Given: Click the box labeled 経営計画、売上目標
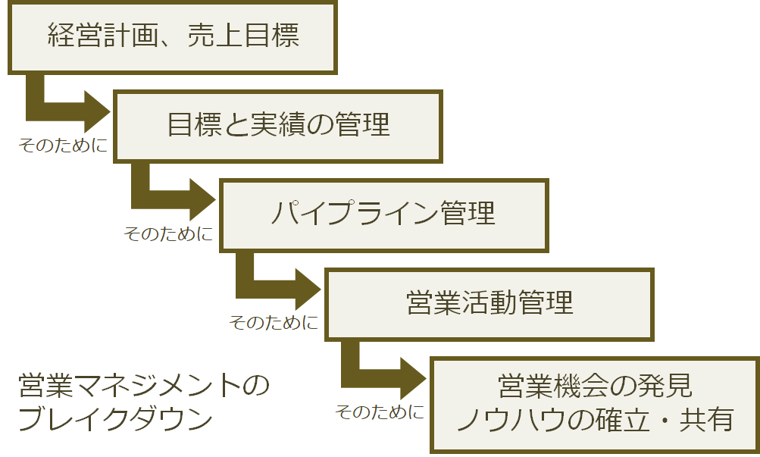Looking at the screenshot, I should click(x=173, y=37).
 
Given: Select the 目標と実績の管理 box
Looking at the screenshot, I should click(x=278, y=126).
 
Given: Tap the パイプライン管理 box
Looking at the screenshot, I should click(x=383, y=214).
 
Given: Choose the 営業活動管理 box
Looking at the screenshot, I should click(x=489, y=303).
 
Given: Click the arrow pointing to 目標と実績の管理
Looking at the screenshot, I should click(x=68, y=111).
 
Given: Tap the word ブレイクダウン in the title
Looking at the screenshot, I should click(x=114, y=420).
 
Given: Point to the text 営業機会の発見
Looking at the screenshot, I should click(x=595, y=386).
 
